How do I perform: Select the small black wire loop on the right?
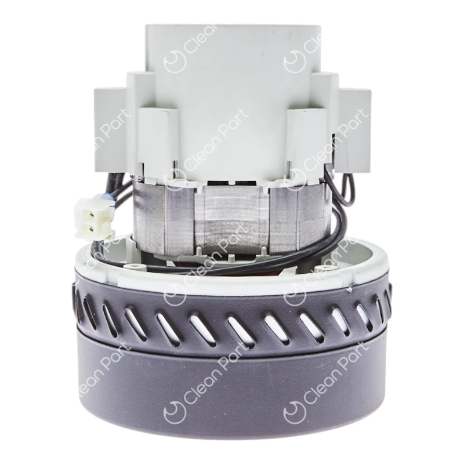(x=348, y=186)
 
